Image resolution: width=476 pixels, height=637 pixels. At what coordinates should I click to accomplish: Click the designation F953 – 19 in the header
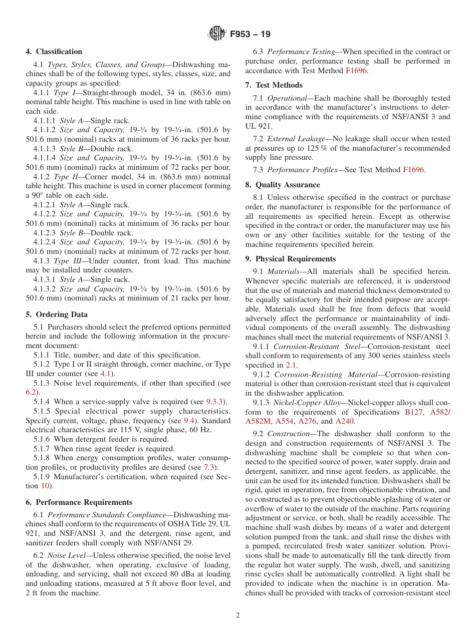click(250, 34)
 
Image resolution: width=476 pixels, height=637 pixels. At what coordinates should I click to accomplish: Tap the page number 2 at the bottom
click(238, 615)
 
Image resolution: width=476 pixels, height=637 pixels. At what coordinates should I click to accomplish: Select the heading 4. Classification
click(54, 52)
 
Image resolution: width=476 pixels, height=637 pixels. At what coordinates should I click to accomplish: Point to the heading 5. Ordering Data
click(57, 314)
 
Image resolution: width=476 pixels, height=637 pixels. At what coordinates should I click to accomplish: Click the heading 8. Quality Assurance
click(283, 185)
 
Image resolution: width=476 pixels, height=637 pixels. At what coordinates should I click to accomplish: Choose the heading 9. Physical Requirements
click(291, 259)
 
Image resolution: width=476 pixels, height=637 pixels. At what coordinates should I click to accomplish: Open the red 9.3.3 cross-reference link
click(216, 402)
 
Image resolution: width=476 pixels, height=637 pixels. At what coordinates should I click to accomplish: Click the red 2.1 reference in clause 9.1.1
click(291, 365)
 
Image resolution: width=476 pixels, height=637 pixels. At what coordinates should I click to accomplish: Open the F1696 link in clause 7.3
click(413, 170)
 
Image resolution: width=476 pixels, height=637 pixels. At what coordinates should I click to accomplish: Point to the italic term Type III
click(68, 261)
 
